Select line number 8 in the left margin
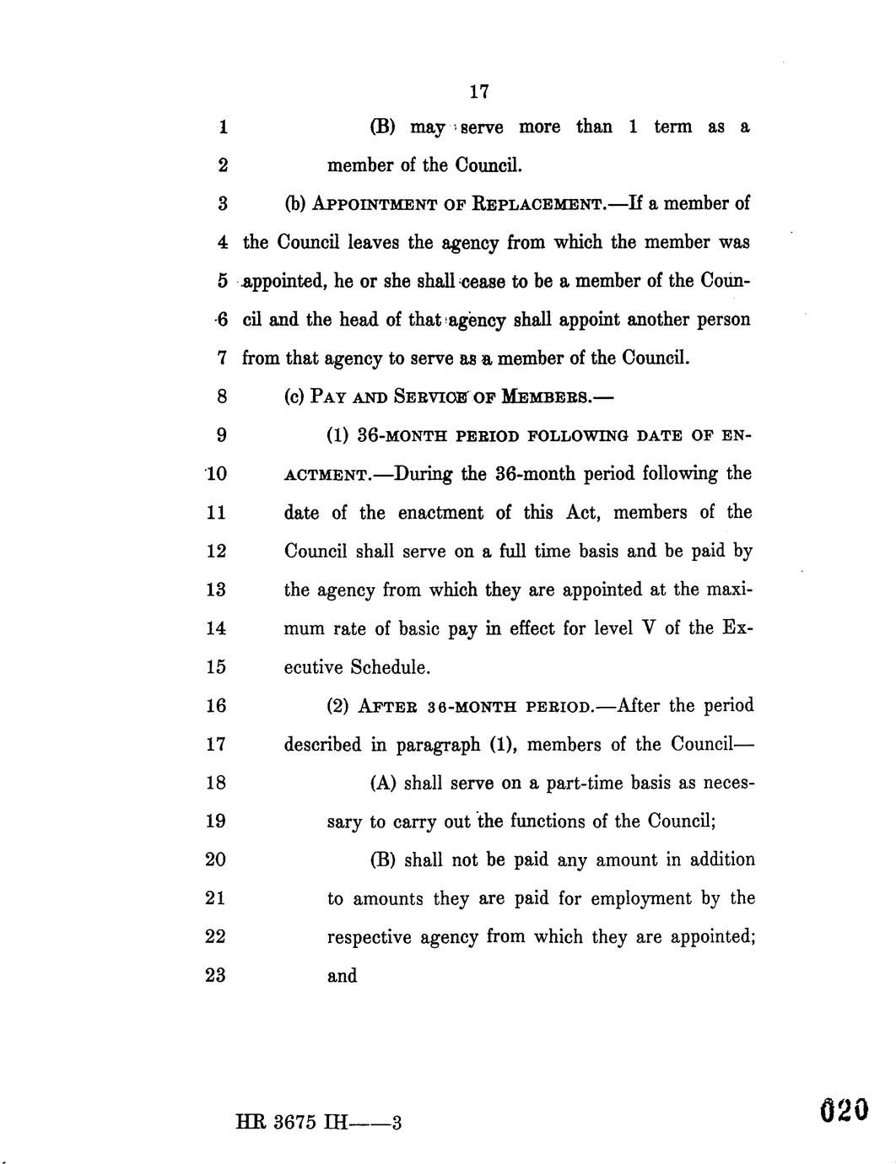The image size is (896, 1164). click(x=221, y=396)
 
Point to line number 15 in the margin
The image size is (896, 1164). click(x=216, y=667)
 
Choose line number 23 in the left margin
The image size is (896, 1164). click(x=216, y=976)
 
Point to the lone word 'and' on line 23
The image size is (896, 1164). click(x=342, y=976)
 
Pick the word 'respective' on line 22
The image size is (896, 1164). click(x=369, y=937)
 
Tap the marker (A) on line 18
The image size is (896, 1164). click(x=383, y=783)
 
